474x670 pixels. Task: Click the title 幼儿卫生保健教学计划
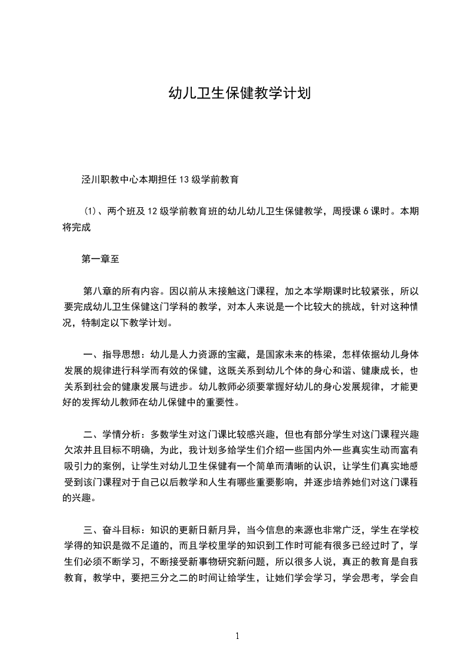coord(237,94)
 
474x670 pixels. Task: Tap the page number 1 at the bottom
coord(237,636)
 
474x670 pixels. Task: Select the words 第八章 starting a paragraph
coord(97,291)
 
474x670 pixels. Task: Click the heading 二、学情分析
coord(114,433)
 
